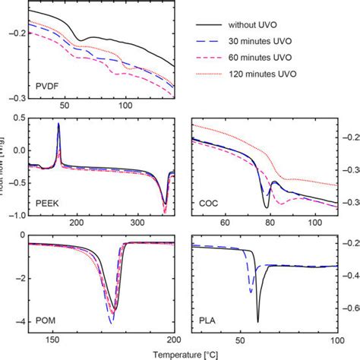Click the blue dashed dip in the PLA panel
point(251,292)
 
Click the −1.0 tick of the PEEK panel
point(14,215)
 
